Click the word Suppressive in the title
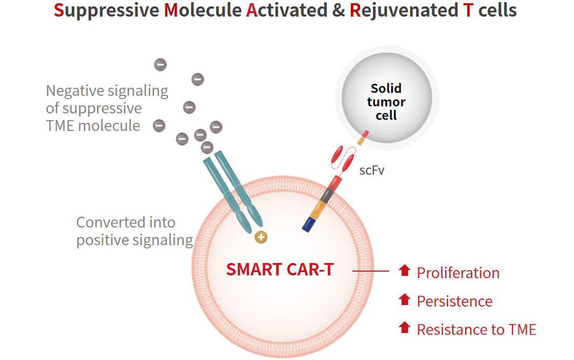point(107,10)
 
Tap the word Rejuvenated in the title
point(404,10)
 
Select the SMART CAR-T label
point(280,269)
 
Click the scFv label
point(371,170)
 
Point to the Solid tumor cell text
point(386,102)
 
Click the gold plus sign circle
point(261,237)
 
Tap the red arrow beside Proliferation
point(405,271)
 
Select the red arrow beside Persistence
point(405,299)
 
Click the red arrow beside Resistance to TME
point(405,327)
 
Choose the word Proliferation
point(458,273)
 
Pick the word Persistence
point(455,301)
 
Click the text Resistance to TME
point(476,330)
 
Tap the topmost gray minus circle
point(160,65)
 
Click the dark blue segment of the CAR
point(309,225)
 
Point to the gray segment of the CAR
point(327,196)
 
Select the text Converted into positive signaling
point(134,231)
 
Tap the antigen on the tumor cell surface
point(363,138)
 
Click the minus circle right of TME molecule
point(159,126)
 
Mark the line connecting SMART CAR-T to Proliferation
point(370,271)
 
